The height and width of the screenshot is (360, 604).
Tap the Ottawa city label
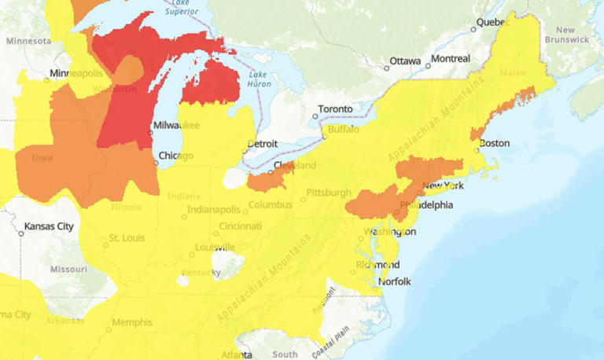tap(405, 61)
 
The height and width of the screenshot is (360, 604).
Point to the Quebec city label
tap(493, 23)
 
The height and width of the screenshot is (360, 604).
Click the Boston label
tap(495, 143)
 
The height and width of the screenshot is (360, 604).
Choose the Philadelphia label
tap(426, 205)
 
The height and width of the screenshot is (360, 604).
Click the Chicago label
tap(175, 156)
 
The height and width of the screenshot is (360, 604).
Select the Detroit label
tap(263, 145)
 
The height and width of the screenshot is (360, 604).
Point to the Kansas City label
tap(49, 226)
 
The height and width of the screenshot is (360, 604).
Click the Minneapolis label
tap(76, 73)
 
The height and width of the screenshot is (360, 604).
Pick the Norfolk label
tap(395, 281)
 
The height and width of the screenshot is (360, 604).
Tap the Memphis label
tap(132, 322)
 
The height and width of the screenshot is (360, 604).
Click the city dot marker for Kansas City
tap(21, 233)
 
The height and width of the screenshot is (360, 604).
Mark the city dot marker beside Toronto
tap(315, 116)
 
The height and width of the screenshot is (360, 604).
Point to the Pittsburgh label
tap(329, 193)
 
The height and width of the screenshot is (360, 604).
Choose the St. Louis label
tap(125, 237)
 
